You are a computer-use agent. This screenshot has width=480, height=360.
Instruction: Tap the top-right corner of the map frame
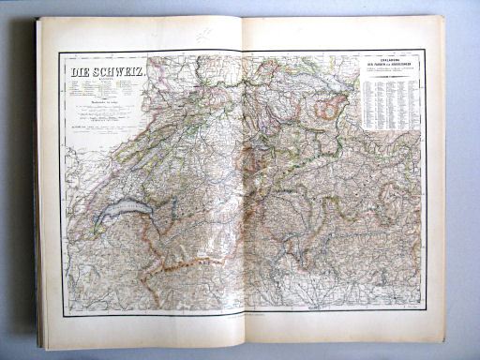click(423, 49)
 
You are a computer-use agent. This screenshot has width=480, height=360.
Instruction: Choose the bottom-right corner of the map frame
click(424, 308)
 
